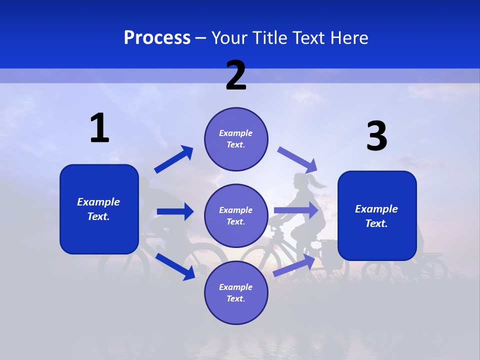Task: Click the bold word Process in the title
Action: pyautogui.click(x=157, y=37)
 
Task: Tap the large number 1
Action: pyautogui.click(x=99, y=128)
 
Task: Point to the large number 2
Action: pyautogui.click(x=236, y=75)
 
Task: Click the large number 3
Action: pyautogui.click(x=376, y=136)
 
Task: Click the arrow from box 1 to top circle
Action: pyautogui.click(x=174, y=159)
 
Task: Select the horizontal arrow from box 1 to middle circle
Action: pyautogui.click(x=175, y=211)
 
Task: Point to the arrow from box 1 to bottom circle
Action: pyautogui.click(x=175, y=266)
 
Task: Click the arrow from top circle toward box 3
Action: pyautogui.click(x=298, y=159)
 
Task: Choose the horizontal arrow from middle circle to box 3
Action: pyautogui.click(x=296, y=210)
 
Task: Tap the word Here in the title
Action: pyautogui.click(x=349, y=37)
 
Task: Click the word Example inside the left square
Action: pyautogui.click(x=98, y=202)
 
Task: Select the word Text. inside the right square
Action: pyautogui.click(x=376, y=223)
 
